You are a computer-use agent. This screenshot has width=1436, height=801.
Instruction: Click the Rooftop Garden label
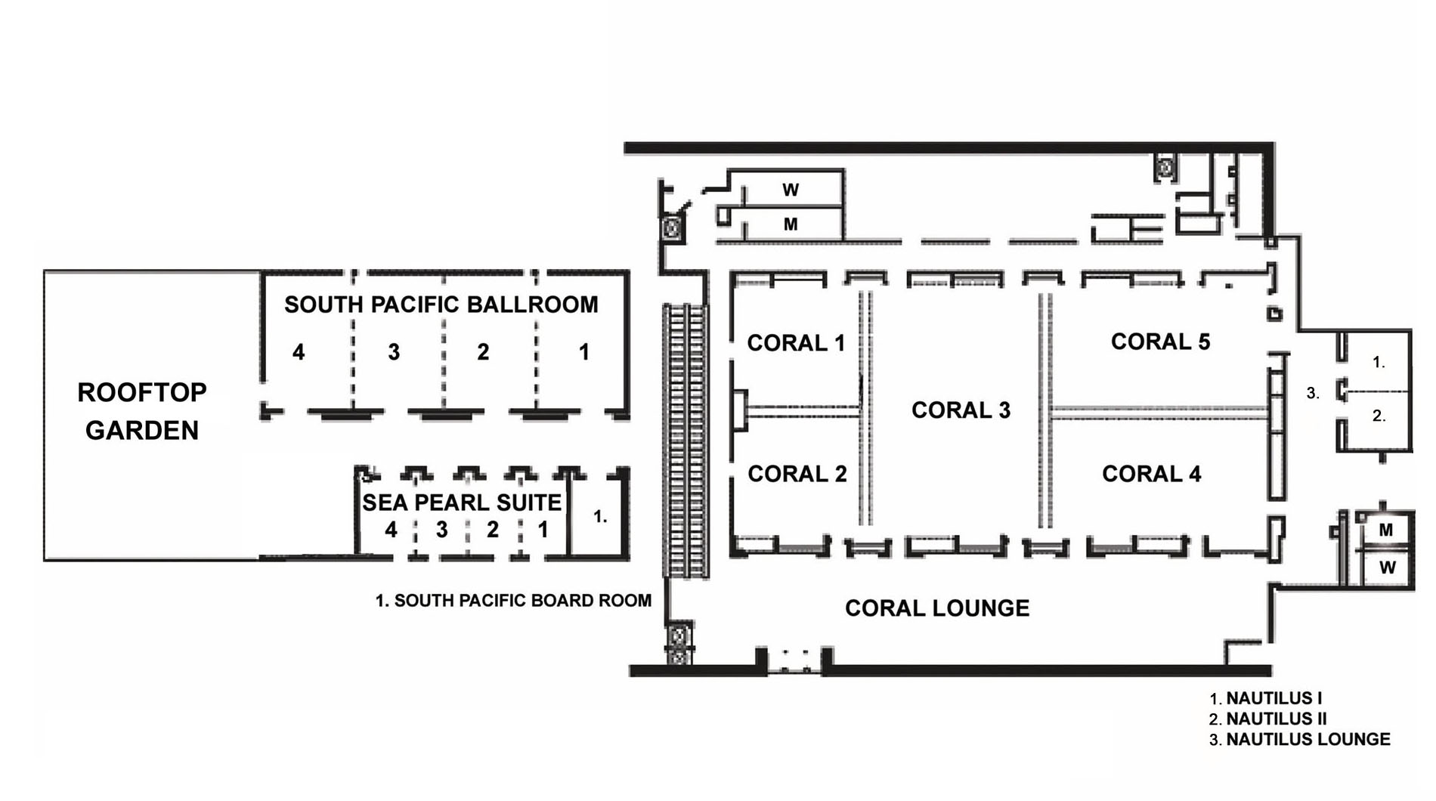click(142, 411)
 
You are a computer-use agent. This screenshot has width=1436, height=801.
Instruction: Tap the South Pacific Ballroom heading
click(441, 305)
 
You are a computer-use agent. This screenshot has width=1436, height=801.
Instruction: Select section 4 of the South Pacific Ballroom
click(299, 352)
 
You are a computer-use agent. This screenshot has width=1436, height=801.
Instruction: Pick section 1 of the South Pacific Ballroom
click(584, 352)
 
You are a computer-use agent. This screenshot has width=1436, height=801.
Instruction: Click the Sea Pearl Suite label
click(462, 503)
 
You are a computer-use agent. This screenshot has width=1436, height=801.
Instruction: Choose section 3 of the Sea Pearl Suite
click(441, 530)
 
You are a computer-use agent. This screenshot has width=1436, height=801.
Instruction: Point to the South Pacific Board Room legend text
click(513, 601)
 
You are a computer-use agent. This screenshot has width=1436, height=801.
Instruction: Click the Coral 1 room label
click(796, 343)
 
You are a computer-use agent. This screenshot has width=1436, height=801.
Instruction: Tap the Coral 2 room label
click(797, 474)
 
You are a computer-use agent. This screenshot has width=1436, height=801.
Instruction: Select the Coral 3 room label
click(961, 410)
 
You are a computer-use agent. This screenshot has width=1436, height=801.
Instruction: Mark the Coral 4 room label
click(1151, 474)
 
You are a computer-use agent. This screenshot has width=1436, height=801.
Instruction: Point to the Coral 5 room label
click(1160, 342)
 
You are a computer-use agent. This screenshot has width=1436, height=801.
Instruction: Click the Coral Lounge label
click(937, 608)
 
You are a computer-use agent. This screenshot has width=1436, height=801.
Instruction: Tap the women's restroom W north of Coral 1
click(791, 190)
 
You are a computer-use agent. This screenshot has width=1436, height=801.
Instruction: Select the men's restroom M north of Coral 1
click(791, 224)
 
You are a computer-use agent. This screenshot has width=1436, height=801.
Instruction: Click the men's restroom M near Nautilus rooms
click(1386, 530)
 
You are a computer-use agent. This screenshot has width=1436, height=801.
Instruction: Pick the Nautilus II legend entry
click(1268, 719)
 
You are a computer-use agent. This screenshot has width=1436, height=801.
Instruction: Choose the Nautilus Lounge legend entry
click(1300, 740)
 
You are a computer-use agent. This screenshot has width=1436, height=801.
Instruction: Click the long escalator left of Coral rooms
click(686, 441)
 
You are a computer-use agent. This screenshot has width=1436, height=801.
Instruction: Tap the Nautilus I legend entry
click(1266, 698)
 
